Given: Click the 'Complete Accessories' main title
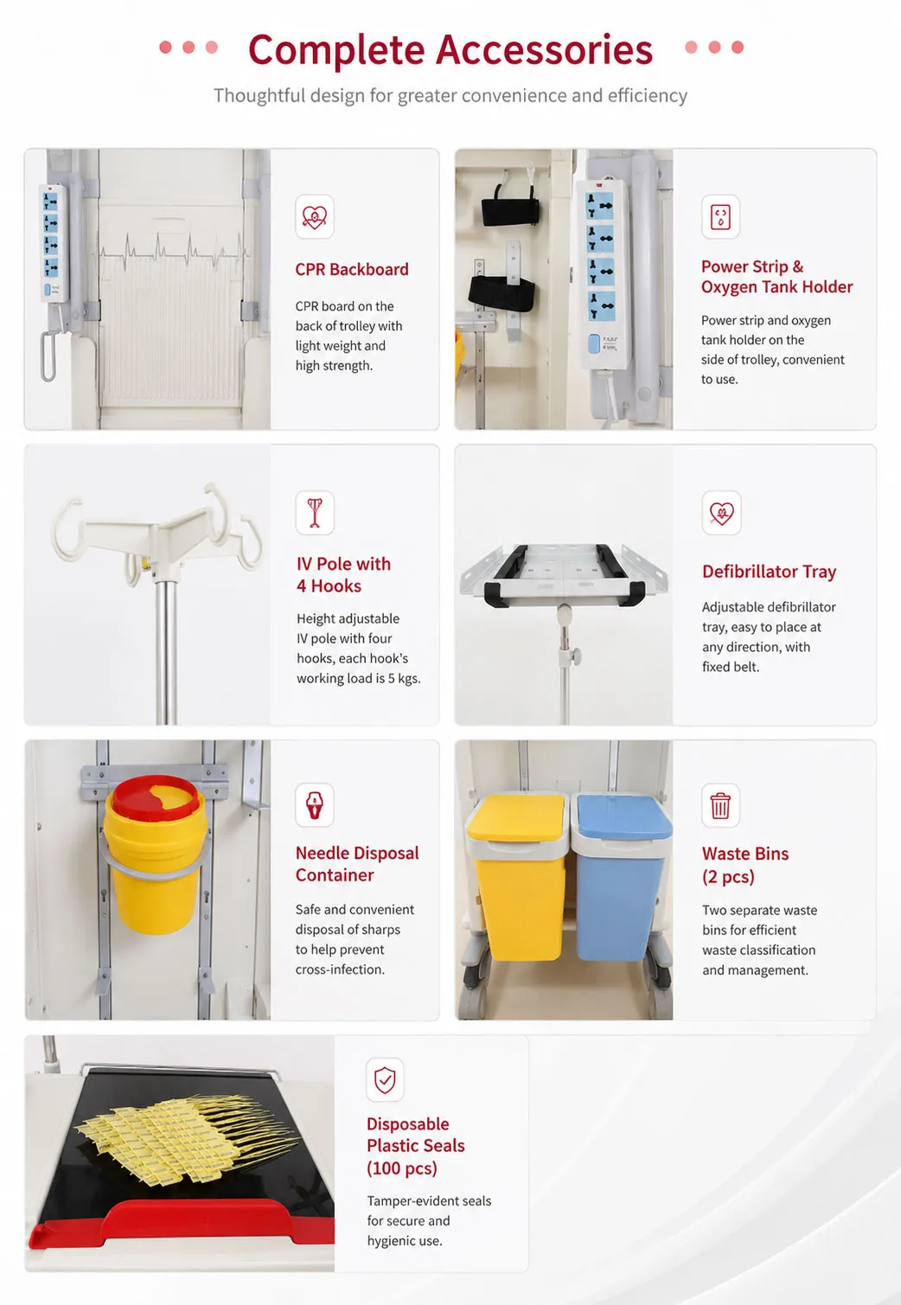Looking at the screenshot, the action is (450, 49).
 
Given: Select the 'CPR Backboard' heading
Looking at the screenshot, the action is (352, 269).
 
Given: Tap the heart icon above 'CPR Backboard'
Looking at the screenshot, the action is (315, 217).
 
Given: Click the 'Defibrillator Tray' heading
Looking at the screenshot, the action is (769, 572).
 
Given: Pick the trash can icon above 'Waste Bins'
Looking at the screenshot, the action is (720, 806).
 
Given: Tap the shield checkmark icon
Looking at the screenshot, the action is (385, 1079).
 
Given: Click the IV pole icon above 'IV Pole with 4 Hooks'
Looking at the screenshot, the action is (315, 513).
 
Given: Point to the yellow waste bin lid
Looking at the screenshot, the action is (516, 817).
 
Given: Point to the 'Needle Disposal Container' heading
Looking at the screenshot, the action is (357, 864).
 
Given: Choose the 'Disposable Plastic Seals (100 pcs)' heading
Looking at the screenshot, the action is (415, 1146).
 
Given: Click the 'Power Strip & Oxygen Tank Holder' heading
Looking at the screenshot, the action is (777, 277).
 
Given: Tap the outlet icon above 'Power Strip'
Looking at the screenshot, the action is (720, 217).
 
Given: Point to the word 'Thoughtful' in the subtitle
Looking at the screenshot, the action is (259, 95).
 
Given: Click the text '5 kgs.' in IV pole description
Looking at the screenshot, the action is (404, 679).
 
